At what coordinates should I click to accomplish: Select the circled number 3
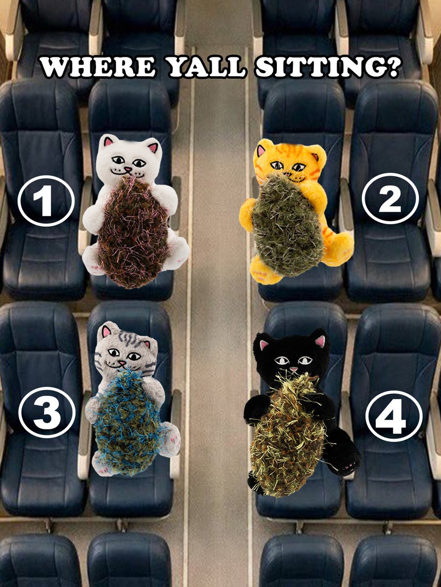pos(47,413)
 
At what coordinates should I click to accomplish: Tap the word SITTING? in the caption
pos(324,68)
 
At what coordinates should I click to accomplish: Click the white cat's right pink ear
pos(153,147)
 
